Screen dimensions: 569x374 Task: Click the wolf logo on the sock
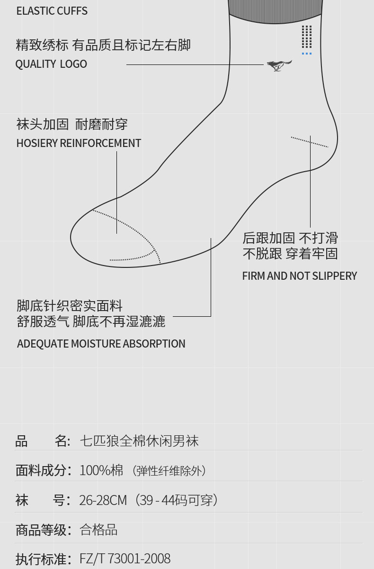click(x=279, y=65)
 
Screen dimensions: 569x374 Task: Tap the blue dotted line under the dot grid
click(x=307, y=54)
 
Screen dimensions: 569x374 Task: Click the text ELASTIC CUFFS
click(x=52, y=11)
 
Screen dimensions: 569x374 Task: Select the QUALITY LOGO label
click(x=51, y=64)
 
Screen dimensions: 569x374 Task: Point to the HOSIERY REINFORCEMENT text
click(x=79, y=143)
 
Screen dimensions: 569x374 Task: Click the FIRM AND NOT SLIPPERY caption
click(x=299, y=276)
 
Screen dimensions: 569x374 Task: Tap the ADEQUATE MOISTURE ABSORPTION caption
click(x=101, y=344)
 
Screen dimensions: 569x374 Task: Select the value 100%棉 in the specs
click(x=101, y=470)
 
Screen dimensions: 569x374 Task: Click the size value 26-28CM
click(x=103, y=500)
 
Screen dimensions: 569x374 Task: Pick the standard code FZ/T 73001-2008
click(x=125, y=559)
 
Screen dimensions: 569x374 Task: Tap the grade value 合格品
click(x=98, y=530)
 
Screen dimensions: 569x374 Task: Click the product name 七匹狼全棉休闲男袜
click(x=139, y=441)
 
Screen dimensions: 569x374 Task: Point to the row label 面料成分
click(x=41, y=470)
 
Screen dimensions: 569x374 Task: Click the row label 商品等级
click(x=41, y=530)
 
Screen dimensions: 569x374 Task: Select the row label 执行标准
click(x=41, y=559)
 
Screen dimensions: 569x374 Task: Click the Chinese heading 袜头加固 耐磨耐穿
click(x=72, y=125)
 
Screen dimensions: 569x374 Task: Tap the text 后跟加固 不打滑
click(x=290, y=238)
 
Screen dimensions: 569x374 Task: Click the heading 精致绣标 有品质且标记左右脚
click(x=103, y=45)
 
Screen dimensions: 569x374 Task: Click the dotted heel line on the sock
click(x=309, y=142)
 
